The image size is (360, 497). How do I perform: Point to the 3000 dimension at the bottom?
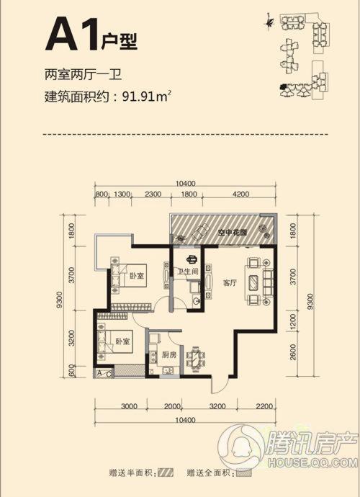coord(129,406)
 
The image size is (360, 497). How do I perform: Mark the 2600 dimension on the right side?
coord(294,356)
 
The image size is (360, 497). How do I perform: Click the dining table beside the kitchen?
coord(195,357)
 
